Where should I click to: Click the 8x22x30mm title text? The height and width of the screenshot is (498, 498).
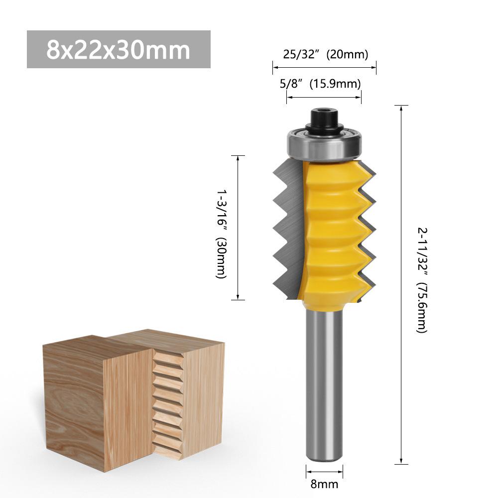pos(118,49)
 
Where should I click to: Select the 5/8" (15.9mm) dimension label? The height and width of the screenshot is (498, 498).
pos(321,84)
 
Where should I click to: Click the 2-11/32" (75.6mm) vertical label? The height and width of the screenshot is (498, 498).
pos(422,280)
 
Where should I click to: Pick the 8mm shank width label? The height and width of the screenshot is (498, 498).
pos(325,484)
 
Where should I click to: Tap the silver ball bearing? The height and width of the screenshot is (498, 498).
pos(324,144)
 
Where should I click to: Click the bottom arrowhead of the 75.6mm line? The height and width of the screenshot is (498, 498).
pos(401,461)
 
